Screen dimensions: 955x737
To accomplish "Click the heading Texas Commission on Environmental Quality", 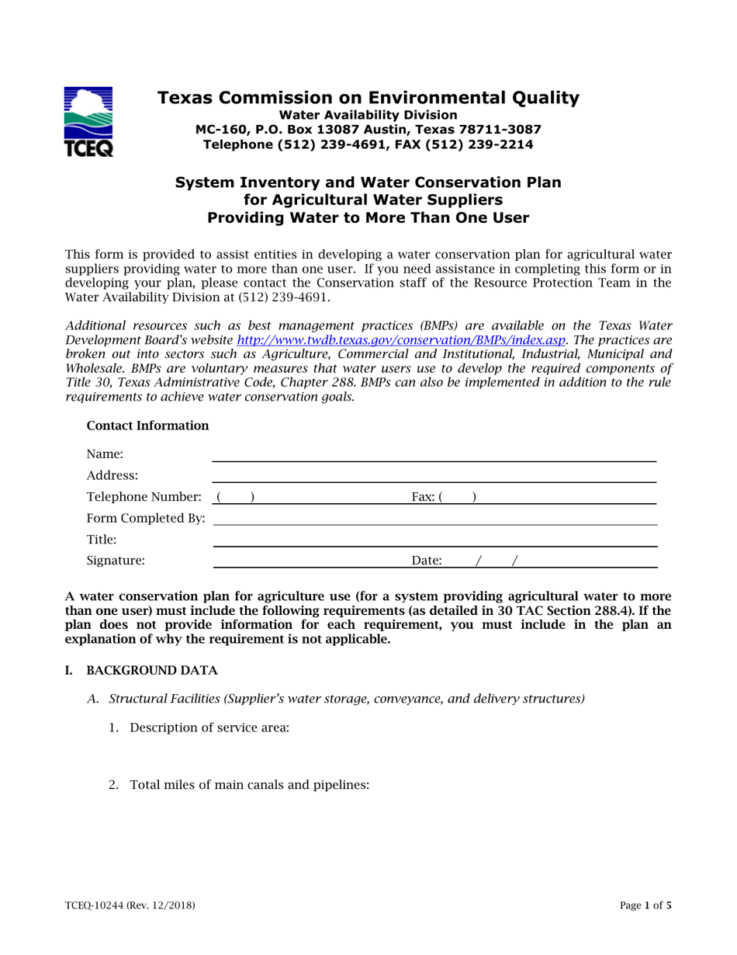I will click(368, 98).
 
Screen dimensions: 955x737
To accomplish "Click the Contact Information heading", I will click(147, 425).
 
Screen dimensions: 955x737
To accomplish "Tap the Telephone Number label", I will click(147, 495).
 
